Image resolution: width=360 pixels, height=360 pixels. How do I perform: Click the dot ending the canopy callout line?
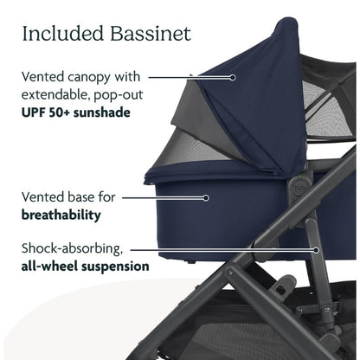233,76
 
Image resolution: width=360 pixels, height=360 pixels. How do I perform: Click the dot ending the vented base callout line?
207,196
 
